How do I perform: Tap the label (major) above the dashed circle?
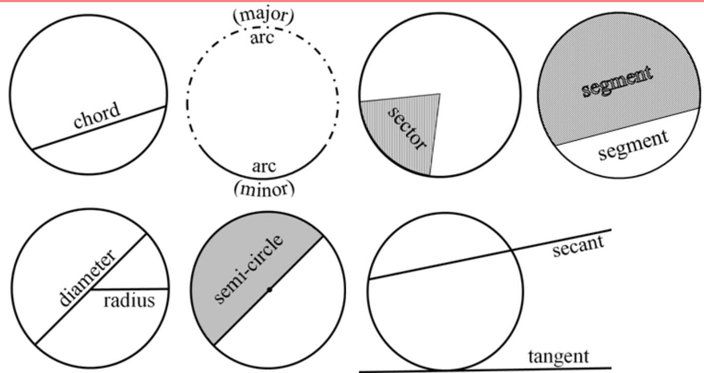pyautogui.click(x=263, y=15)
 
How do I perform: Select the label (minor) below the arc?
pyautogui.click(x=264, y=189)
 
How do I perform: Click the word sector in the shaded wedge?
pyautogui.click(x=407, y=129)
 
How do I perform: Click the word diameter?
pyautogui.click(x=88, y=278)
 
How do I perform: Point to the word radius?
pyautogui.click(x=129, y=300)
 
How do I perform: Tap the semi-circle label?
pyautogui.click(x=249, y=269)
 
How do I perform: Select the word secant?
pyautogui.click(x=578, y=246)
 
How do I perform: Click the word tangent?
pyautogui.click(x=559, y=357)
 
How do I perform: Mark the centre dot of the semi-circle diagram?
pyautogui.click(x=269, y=290)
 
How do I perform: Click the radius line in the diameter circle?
pyautogui.click(x=129, y=288)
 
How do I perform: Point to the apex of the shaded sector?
pyautogui.click(x=440, y=94)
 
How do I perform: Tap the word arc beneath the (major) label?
pyautogui.click(x=262, y=38)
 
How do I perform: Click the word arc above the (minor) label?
pyautogui.click(x=264, y=166)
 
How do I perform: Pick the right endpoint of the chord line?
pyautogui.click(x=166, y=106)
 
